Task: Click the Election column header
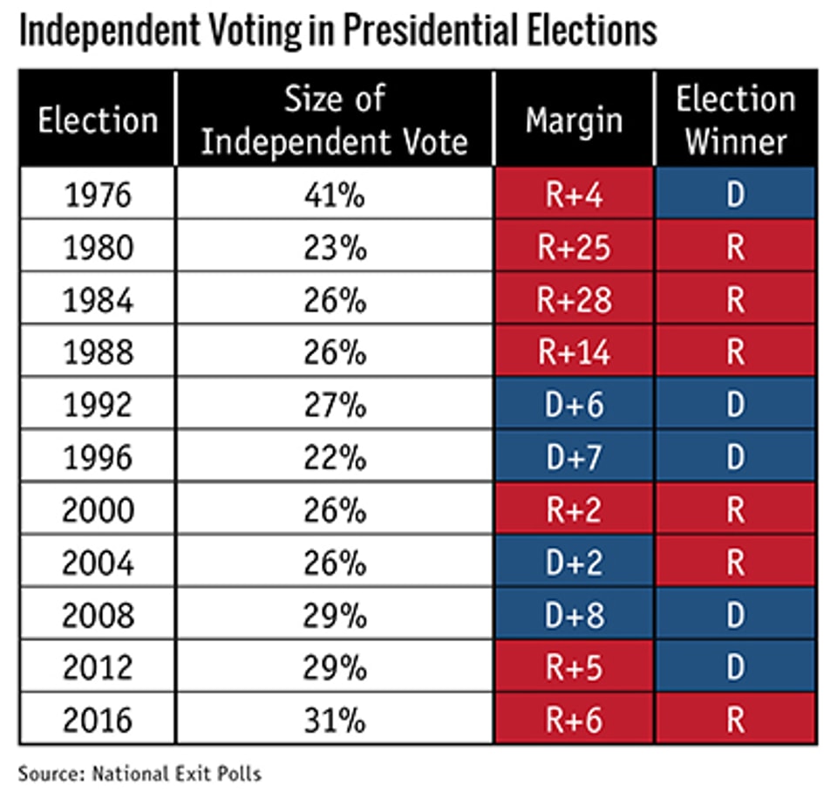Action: [x=98, y=120]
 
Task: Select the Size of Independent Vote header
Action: [x=335, y=120]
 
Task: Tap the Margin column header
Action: [x=574, y=120]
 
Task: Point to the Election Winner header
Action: [x=736, y=120]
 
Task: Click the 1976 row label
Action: [x=98, y=195]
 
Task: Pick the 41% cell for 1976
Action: [x=335, y=195]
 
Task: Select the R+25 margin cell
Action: [x=574, y=248]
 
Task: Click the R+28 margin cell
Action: [x=574, y=300]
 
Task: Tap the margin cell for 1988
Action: [x=574, y=352]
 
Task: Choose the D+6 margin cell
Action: [x=574, y=405]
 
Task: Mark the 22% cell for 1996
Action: [x=335, y=457]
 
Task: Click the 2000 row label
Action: [x=98, y=510]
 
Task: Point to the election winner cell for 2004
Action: [x=736, y=563]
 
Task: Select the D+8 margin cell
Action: [x=574, y=615]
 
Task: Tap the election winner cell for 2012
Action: [x=736, y=667]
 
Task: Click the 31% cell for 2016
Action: [x=335, y=721]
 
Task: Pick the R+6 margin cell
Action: [x=574, y=721]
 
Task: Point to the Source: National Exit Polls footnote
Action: [x=139, y=772]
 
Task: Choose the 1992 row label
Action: [x=98, y=405]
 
